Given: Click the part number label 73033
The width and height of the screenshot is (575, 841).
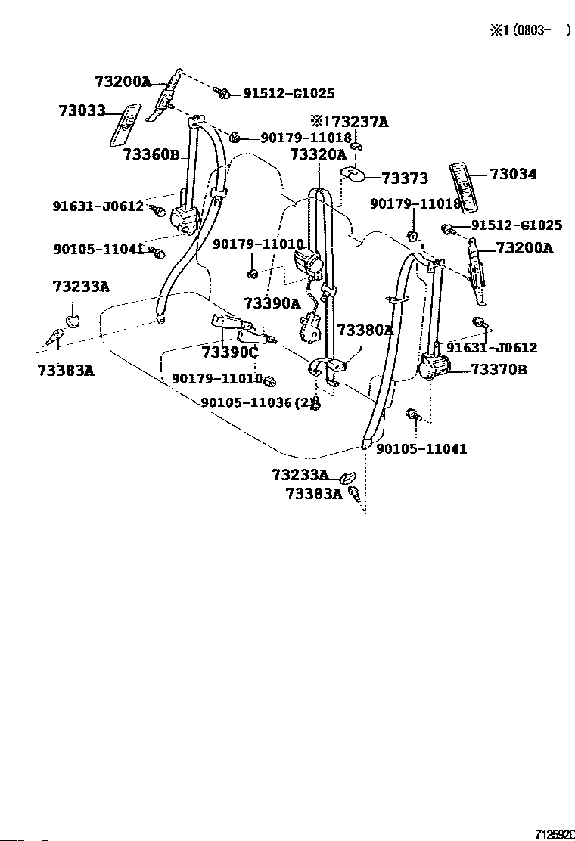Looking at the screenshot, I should pos(82,111).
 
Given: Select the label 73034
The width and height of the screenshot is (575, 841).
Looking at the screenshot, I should pos(513,174).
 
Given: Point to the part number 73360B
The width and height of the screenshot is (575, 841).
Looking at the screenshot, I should pos(151,155).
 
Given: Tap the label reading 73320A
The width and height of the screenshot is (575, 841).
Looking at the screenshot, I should pos(318,154).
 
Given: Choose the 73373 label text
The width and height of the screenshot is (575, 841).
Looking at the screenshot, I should pos(405,178).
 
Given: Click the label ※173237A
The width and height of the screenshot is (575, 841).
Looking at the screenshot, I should pos(349,121).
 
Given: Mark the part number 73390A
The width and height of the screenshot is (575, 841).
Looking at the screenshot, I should pos(272,303).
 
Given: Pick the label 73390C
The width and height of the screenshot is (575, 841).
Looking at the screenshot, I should pos(230,352).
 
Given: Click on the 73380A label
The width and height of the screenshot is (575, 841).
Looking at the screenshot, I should pos(365,330).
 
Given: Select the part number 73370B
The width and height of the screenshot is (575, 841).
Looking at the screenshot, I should pos(499,369).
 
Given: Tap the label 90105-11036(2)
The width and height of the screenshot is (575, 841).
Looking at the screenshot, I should pos(257,402).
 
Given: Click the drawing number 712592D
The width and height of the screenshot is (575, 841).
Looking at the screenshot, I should pos(554,834).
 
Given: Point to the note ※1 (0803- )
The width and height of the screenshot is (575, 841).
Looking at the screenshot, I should pos(527,30).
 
